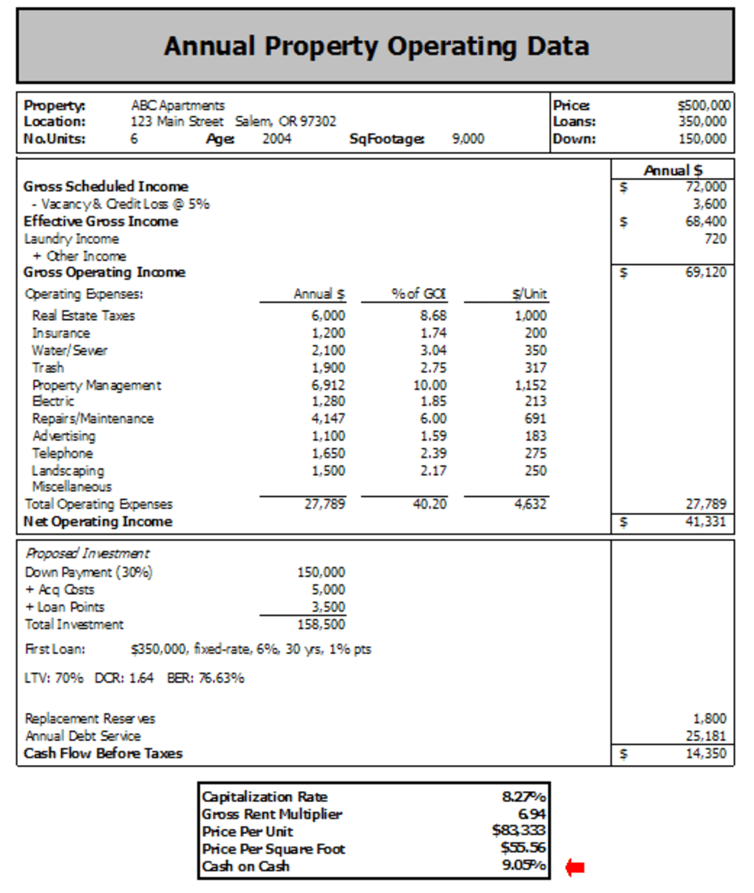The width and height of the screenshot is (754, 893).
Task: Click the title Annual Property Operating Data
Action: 376,46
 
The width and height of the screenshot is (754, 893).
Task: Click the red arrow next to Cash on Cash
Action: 575,867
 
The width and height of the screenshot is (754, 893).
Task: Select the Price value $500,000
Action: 703,106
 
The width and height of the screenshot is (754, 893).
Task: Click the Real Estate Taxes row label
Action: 83,316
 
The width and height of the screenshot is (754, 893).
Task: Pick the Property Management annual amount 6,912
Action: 328,385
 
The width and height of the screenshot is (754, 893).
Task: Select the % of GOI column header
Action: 418,294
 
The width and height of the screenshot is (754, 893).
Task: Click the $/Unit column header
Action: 529,294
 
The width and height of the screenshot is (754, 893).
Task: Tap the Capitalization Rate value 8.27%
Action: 524,797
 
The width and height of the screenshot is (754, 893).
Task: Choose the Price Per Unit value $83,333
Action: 519,831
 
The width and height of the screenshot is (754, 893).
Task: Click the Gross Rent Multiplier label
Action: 272,814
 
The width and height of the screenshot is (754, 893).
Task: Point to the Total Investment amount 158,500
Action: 321,624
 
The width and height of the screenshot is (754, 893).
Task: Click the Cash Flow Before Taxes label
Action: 103,753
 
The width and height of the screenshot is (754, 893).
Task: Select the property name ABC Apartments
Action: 178,106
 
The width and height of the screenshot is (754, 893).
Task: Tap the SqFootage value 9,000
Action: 467,138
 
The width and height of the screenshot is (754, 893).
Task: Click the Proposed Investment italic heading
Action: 87,554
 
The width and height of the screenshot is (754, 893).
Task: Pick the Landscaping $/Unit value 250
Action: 534,471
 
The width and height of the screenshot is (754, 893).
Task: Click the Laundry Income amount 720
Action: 715,239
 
